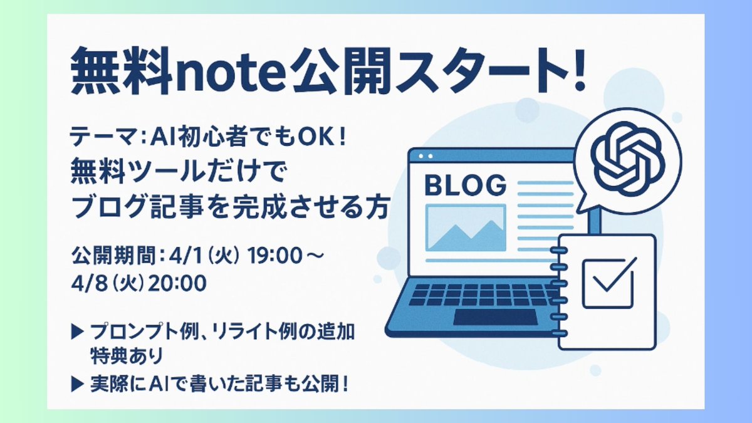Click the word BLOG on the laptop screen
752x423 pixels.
pos(465,185)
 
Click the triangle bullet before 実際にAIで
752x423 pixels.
pos(78,383)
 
